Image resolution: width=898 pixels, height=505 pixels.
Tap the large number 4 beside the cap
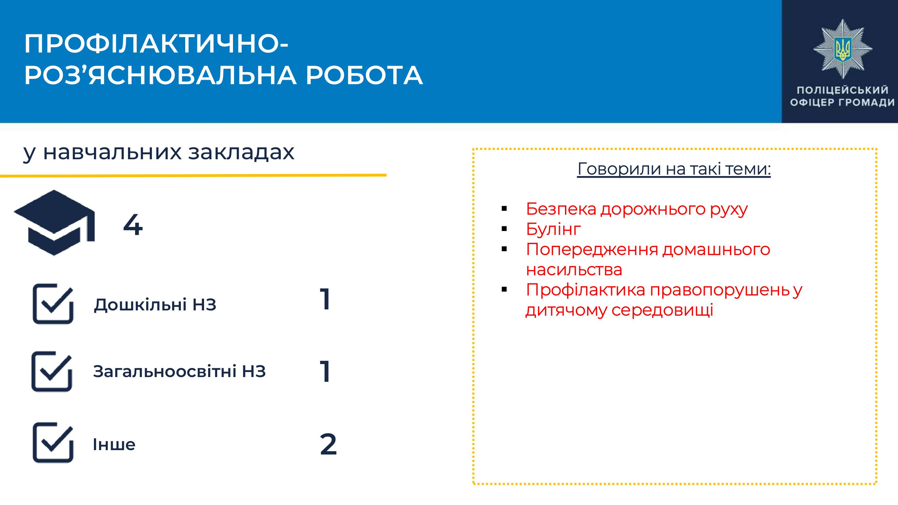pyautogui.click(x=133, y=225)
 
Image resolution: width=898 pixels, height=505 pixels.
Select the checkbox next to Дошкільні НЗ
pyautogui.click(x=53, y=304)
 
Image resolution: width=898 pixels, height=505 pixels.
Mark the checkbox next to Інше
pyautogui.click(x=53, y=443)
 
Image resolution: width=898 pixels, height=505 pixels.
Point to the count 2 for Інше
pyautogui.click(x=328, y=444)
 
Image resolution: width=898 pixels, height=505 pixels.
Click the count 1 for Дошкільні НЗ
pyautogui.click(x=325, y=299)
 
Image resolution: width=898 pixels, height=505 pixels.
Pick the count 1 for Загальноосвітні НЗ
pyautogui.click(x=325, y=372)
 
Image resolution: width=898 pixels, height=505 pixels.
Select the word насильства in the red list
pyautogui.click(x=574, y=270)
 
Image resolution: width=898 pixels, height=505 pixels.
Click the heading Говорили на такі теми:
pyautogui.click(x=674, y=169)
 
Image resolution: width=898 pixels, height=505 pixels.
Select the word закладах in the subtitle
pyautogui.click(x=241, y=152)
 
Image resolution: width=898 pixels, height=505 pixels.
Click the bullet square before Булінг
pyautogui.click(x=504, y=229)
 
